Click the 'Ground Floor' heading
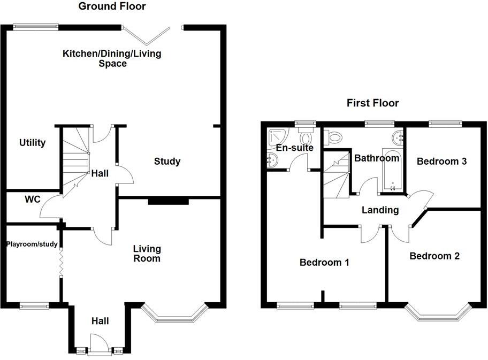point(112,6)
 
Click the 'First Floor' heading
point(372,103)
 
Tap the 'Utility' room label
point(33,143)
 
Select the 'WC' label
point(33,200)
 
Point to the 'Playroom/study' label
point(32,244)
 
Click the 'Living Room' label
point(147,254)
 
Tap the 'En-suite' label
point(294,148)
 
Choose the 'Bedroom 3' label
point(438,161)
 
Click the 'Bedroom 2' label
point(434,256)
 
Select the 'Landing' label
point(380,210)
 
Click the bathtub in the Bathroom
point(392,171)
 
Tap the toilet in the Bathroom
point(335,138)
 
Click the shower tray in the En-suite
point(278,137)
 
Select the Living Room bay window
point(175,316)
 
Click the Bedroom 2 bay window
point(438,314)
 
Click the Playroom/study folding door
point(61,263)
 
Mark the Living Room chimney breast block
point(168,201)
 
